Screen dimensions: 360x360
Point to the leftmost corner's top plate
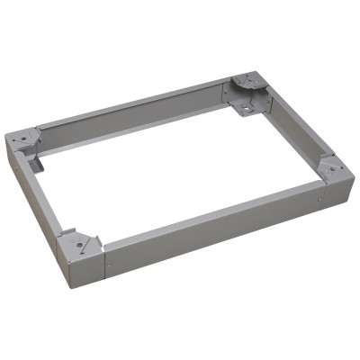click(x=27, y=139)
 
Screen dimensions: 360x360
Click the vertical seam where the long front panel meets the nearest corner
click(x=103, y=256)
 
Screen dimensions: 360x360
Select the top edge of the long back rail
click(x=135, y=103)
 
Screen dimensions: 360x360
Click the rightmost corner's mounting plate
click(x=330, y=168)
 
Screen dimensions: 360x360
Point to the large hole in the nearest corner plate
click(x=79, y=240)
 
